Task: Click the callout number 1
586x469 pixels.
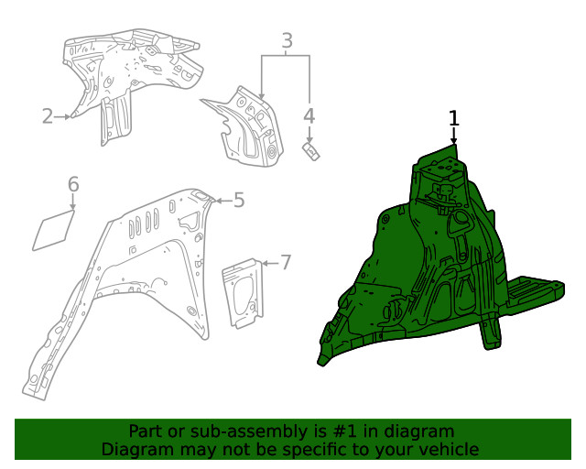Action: point(453,117)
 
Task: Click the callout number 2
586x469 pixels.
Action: point(48,115)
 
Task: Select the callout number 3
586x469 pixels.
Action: point(287,40)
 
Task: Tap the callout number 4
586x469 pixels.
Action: point(309,115)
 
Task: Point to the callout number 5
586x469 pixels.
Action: point(238,200)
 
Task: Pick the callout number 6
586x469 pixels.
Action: point(74,185)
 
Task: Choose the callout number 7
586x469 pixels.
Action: point(285,263)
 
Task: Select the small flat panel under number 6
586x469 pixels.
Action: point(55,231)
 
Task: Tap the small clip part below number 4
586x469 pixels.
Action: point(311,149)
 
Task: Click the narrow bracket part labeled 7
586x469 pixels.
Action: point(242,292)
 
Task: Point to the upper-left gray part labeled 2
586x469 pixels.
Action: point(128,73)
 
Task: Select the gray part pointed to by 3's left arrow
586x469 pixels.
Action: point(243,128)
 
